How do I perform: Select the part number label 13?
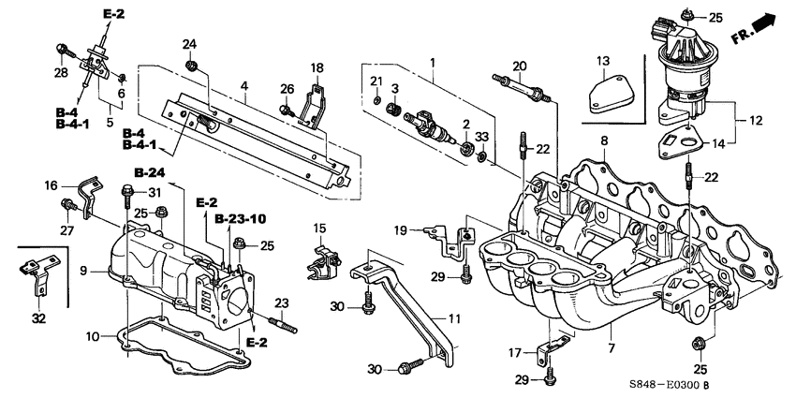point(605,61)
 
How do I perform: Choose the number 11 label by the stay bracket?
point(454,319)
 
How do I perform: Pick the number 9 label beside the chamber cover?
point(83,272)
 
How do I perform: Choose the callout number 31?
point(155,193)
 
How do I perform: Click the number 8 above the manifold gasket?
point(604,141)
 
